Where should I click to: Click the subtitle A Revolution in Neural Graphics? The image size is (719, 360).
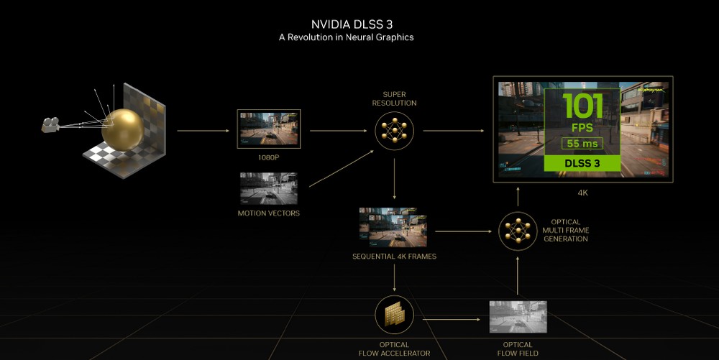pyautogui.click(x=347, y=37)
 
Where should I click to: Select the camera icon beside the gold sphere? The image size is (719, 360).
pyautogui.click(x=52, y=125)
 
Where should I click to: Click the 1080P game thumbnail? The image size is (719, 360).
pyautogui.click(x=268, y=129)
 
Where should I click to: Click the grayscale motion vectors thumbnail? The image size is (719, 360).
pyautogui.click(x=268, y=188)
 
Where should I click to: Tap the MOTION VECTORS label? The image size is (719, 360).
pyautogui.click(x=268, y=213)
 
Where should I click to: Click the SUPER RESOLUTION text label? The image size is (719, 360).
pyautogui.click(x=394, y=98)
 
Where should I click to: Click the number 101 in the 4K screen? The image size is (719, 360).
pyautogui.click(x=583, y=106)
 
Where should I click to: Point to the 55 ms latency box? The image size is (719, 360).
pyautogui.click(x=583, y=144)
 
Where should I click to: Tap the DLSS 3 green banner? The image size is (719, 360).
pyautogui.click(x=583, y=164)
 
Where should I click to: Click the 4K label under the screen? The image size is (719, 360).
pyautogui.click(x=583, y=193)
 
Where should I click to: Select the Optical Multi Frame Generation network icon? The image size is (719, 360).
pyautogui.click(x=517, y=231)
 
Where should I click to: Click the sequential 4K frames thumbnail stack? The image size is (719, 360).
pyautogui.click(x=394, y=228)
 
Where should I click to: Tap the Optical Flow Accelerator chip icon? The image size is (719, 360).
pyautogui.click(x=394, y=315)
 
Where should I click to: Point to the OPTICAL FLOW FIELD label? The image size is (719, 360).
pyautogui.click(x=518, y=349)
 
